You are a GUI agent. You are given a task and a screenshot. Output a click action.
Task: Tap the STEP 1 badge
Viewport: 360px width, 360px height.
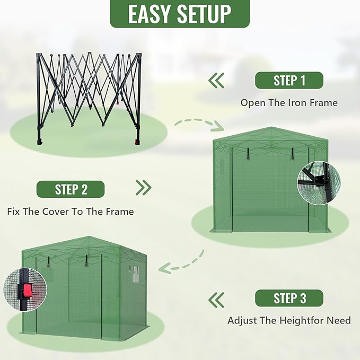(289, 81)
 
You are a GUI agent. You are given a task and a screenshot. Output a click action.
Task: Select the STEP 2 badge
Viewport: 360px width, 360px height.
(71, 189)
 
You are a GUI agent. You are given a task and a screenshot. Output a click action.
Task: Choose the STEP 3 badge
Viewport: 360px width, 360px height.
(289, 298)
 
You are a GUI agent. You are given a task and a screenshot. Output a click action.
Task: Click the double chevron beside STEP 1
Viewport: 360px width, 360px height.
(216, 81)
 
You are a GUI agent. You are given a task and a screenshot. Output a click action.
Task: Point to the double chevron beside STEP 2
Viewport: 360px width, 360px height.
(143, 188)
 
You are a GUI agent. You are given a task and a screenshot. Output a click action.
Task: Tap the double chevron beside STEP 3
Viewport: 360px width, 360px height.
(216, 300)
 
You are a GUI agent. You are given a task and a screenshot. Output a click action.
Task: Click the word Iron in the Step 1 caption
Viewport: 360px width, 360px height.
(296, 103)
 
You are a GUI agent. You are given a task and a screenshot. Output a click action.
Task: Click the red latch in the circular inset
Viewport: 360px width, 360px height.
(27, 291)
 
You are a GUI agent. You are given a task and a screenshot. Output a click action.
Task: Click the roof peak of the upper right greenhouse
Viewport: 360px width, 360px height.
(270, 129)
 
